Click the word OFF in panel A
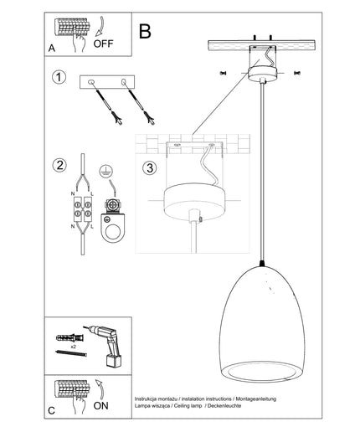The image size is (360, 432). (103, 44)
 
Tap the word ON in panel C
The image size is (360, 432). (100, 405)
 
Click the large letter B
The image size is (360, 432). (145, 31)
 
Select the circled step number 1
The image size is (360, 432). (59, 77)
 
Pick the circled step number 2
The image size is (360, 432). (59, 165)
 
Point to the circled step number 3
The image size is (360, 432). (150, 168)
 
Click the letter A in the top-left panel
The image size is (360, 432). (52, 49)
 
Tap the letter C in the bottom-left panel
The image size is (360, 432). (52, 411)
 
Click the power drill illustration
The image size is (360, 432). (105, 345)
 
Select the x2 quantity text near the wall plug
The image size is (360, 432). (74, 347)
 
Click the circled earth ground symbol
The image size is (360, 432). (105, 171)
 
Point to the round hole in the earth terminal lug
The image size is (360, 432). (113, 231)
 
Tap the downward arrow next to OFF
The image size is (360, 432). (100, 27)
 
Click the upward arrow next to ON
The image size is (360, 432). (100, 389)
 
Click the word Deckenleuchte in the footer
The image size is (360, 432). (224, 406)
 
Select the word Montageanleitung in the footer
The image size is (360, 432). (256, 399)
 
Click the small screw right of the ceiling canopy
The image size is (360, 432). (297, 74)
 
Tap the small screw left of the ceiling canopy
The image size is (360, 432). (223, 74)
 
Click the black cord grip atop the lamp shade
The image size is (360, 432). (262, 263)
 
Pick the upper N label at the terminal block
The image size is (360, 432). (73, 194)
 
